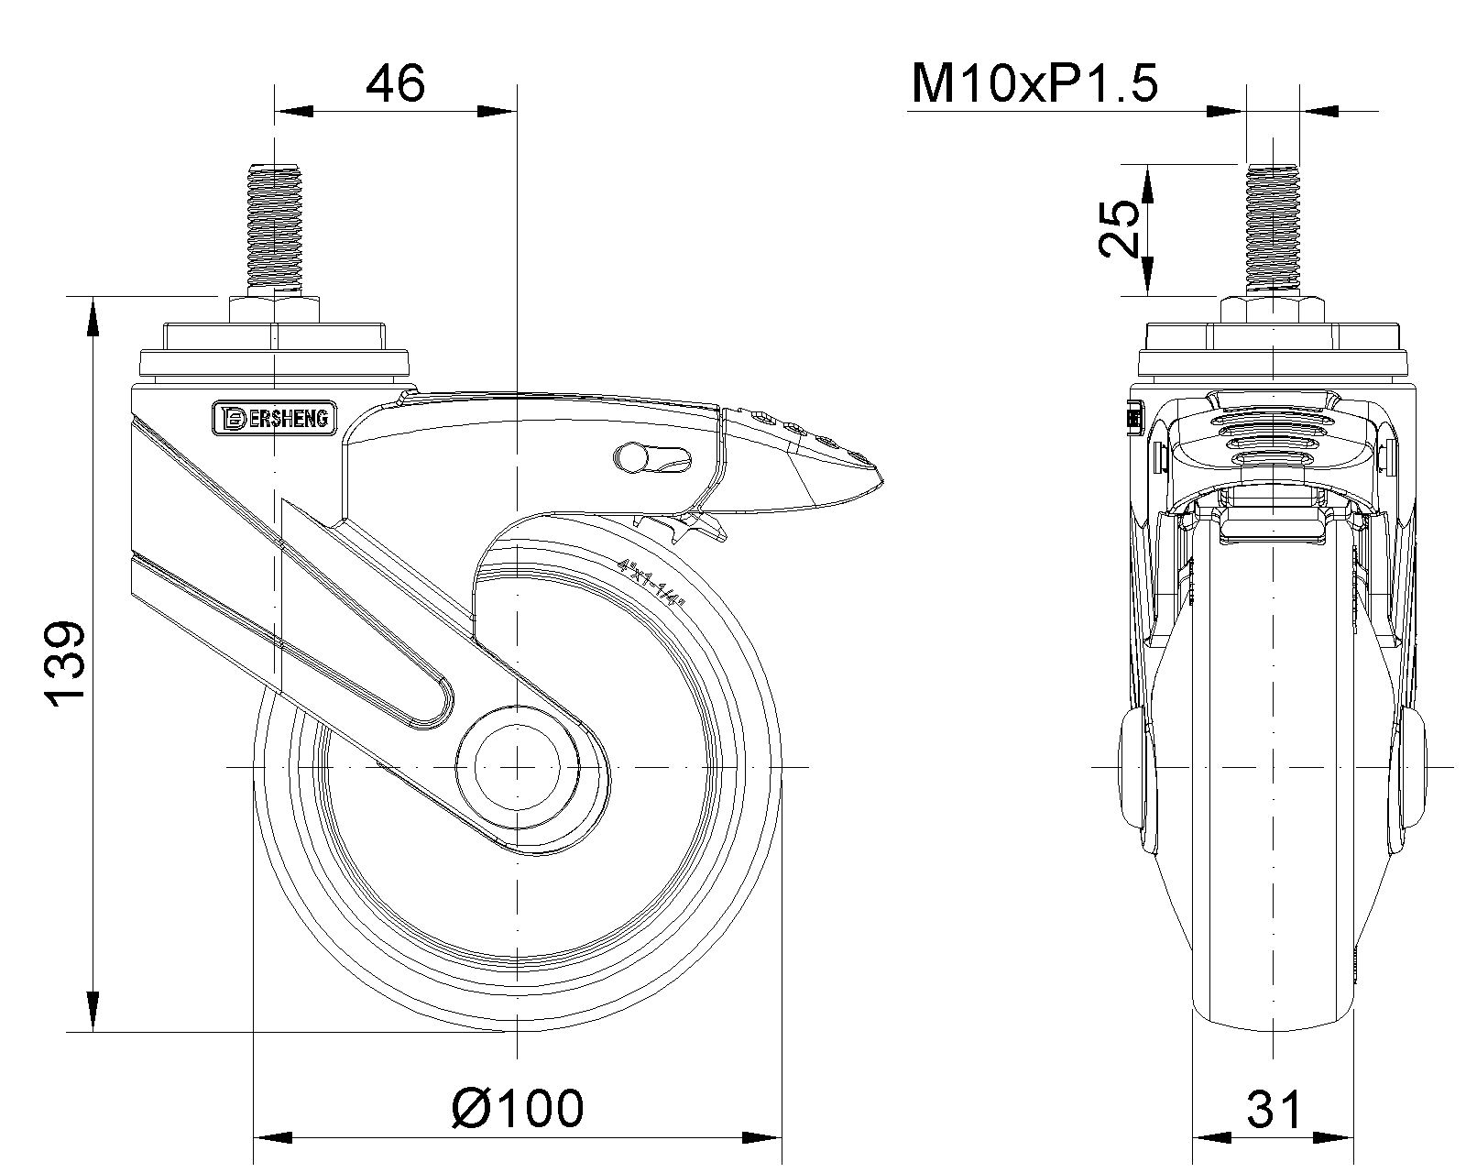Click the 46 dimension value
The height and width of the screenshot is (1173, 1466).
click(x=396, y=84)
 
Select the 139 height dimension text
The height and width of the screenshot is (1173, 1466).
click(x=66, y=664)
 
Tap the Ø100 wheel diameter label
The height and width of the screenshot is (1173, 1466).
click(x=517, y=1108)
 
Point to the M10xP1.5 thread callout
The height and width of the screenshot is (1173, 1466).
click(x=1034, y=84)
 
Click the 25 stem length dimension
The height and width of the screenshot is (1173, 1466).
click(x=1120, y=228)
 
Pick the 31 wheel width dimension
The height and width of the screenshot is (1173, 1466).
click(x=1274, y=1110)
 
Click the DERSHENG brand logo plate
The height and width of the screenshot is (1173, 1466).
click(x=274, y=418)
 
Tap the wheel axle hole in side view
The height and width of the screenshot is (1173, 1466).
click(x=517, y=766)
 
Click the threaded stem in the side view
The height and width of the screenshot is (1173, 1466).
click(x=274, y=225)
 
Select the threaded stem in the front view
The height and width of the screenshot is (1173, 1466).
click(x=1272, y=225)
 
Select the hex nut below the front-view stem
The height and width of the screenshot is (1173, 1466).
click(x=1272, y=308)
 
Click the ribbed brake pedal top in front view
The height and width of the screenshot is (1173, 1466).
click(x=1272, y=431)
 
